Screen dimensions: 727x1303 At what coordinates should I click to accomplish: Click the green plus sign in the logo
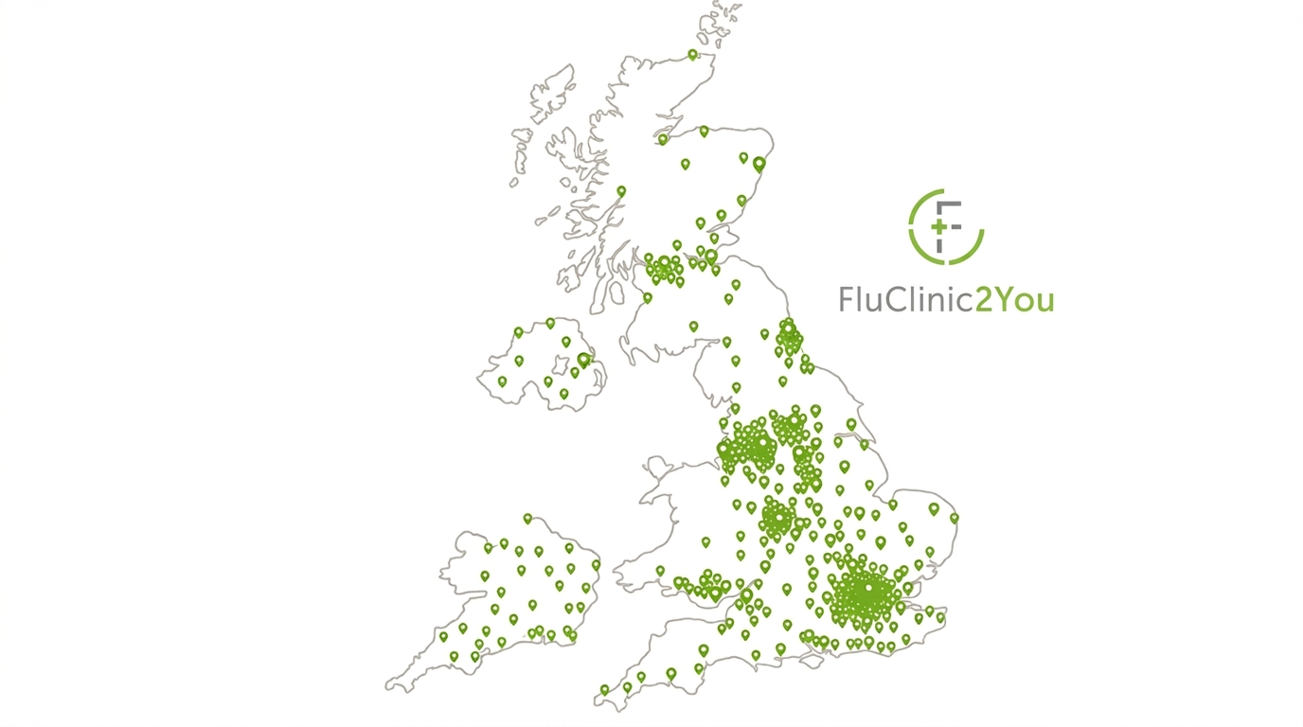939,228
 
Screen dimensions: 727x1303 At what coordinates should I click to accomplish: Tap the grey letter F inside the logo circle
949,224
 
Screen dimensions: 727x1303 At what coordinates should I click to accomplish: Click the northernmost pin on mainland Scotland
692,54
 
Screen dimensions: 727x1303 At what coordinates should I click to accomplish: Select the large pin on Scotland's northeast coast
759,163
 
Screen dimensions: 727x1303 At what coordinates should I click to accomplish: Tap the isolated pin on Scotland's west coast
621,190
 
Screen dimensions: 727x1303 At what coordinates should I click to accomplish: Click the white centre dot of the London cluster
868,589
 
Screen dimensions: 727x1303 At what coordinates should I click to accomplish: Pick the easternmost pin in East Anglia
954,517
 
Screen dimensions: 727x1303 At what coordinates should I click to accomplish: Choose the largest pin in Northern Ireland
583,359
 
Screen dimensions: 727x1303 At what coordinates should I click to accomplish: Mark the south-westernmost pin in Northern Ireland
502,381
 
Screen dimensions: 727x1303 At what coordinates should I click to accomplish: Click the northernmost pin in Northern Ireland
549,323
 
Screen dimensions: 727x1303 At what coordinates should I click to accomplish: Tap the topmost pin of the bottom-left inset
527,518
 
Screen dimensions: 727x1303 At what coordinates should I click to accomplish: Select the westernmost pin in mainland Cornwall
603,689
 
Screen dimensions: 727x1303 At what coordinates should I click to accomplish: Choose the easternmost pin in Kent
940,616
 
